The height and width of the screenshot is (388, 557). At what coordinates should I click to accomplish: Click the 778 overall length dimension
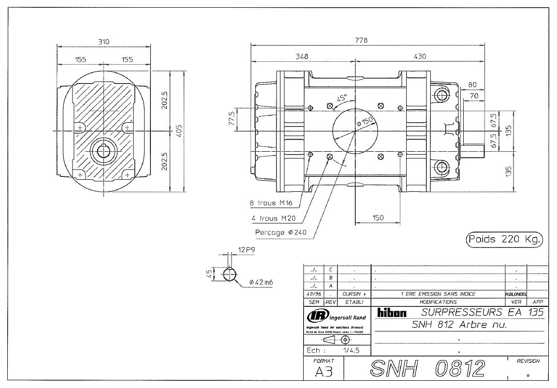(361, 41)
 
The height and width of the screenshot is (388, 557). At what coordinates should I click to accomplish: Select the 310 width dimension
(103, 42)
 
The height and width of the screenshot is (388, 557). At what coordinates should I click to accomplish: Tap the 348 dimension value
(302, 57)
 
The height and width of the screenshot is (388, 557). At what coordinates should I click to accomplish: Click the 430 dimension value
(420, 57)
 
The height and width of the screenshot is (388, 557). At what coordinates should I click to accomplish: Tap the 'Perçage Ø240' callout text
(279, 232)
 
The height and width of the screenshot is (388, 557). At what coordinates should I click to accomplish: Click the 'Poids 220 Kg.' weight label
(504, 239)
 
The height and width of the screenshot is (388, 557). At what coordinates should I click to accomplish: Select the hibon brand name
(392, 313)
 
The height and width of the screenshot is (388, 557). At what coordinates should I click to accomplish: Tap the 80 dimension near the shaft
(472, 85)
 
